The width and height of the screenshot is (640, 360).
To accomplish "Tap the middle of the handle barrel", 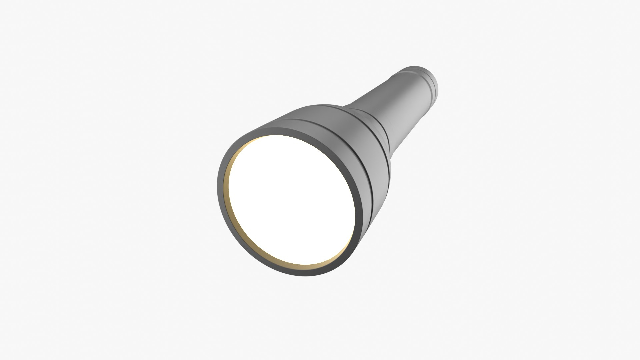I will [400, 100].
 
